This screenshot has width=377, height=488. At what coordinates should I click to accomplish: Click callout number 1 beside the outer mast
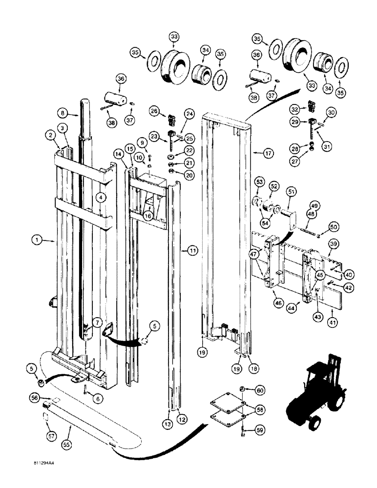pos(36,240)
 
